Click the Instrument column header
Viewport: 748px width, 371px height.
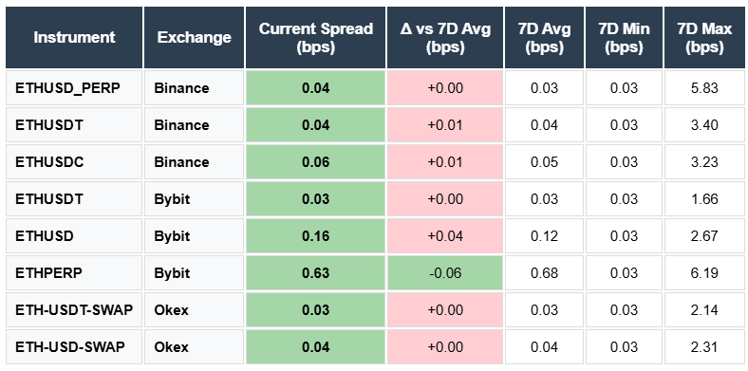(x=74, y=37)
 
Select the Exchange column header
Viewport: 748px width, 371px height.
(x=194, y=37)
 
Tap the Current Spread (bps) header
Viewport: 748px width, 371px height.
(x=315, y=37)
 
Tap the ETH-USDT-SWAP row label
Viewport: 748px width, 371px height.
(x=66, y=310)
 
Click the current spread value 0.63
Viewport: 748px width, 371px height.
(x=315, y=273)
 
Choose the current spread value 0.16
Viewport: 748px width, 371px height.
(x=315, y=236)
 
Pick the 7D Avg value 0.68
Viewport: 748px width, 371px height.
(x=544, y=273)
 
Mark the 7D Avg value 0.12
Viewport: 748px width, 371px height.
(x=544, y=236)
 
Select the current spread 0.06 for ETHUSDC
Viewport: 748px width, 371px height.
(x=315, y=162)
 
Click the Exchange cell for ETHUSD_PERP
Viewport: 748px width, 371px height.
(x=181, y=88)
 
